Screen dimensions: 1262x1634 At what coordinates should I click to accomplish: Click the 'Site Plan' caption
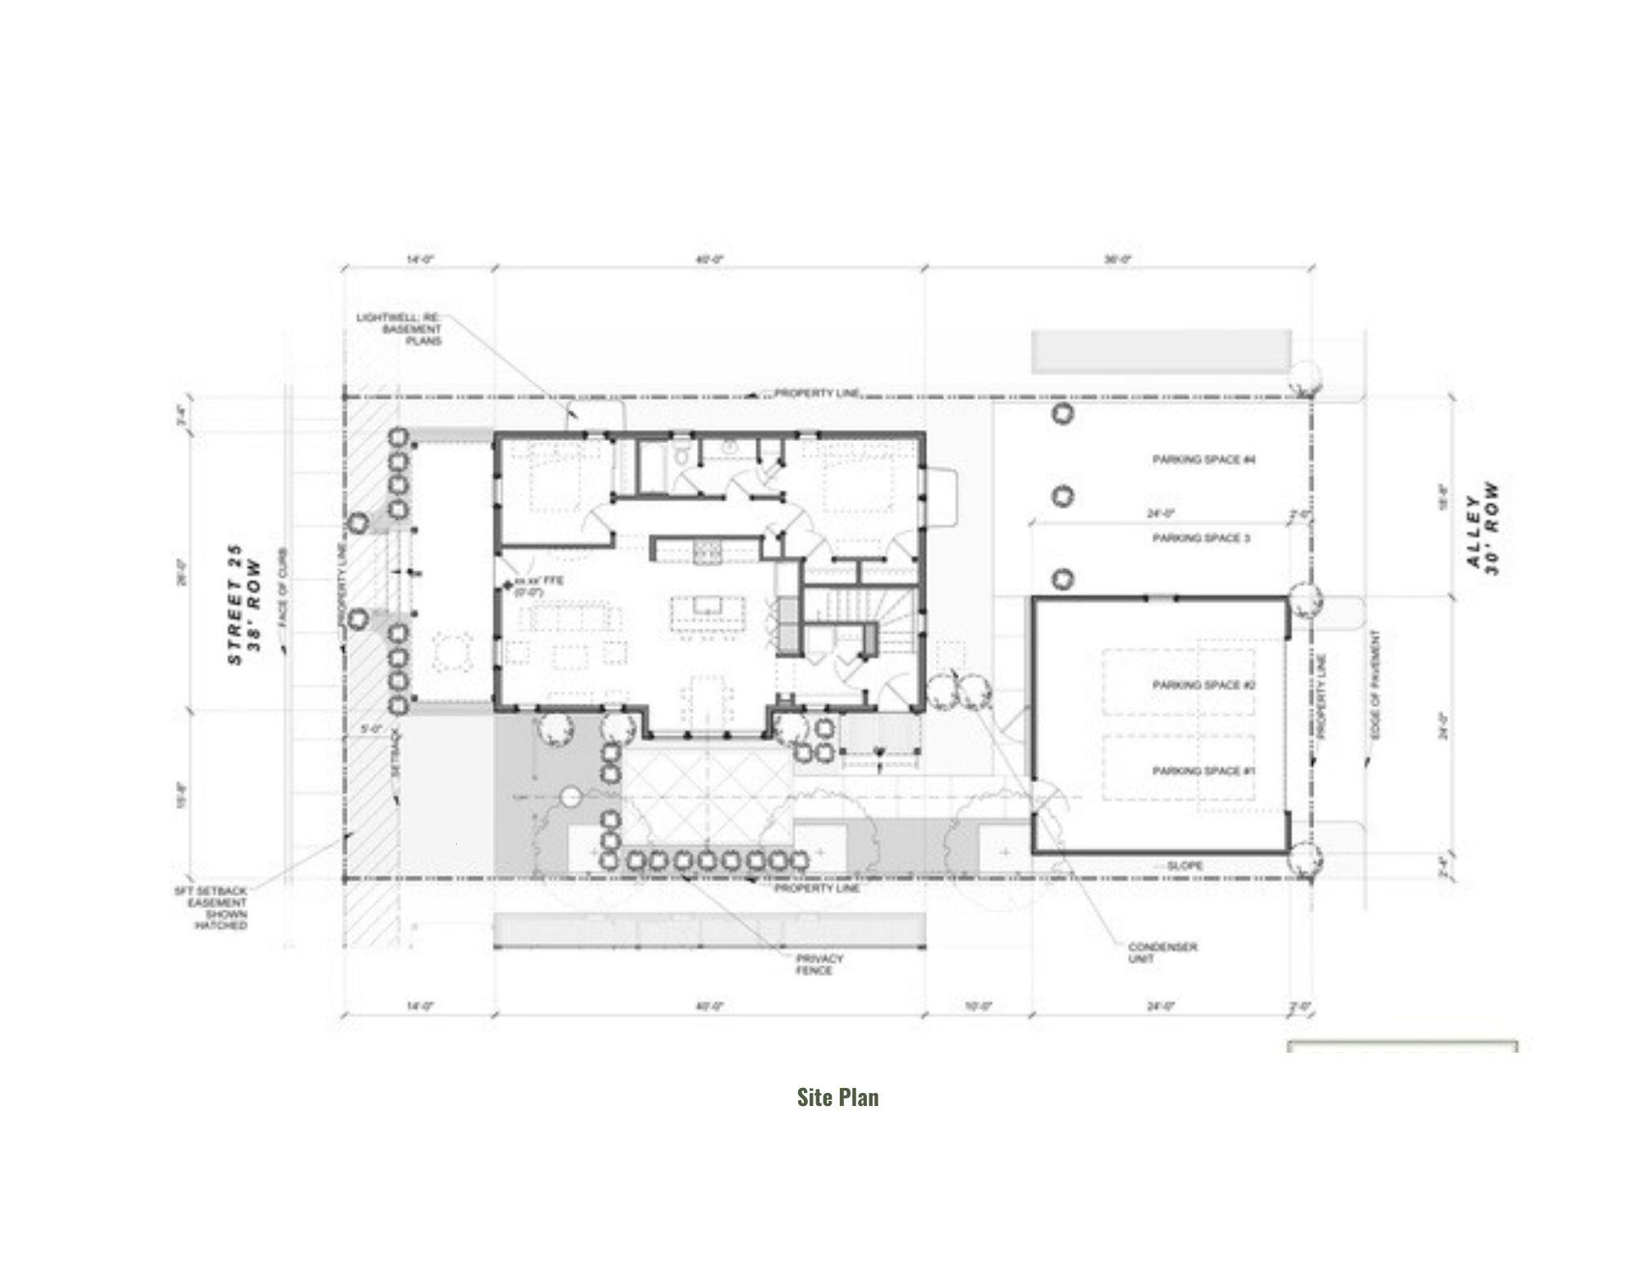click(837, 1097)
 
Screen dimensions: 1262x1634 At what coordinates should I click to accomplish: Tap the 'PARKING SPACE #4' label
click(1203, 460)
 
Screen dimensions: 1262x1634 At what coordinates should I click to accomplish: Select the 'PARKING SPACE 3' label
click(1201, 538)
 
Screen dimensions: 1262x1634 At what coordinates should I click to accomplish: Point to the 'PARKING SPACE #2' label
click(1203, 685)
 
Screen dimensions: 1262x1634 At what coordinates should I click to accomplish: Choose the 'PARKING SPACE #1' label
click(1203, 771)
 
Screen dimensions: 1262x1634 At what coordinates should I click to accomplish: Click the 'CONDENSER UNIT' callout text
click(1162, 952)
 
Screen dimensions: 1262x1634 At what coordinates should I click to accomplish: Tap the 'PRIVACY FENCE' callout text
click(819, 965)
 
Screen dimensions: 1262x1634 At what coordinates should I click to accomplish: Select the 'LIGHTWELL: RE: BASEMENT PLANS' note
click(400, 328)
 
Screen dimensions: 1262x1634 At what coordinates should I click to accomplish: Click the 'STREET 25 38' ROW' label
click(245, 604)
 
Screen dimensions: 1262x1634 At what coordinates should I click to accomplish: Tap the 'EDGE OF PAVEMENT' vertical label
click(1375, 686)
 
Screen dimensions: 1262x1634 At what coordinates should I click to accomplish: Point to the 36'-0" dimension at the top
click(1118, 259)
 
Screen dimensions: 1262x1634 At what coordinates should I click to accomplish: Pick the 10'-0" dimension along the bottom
click(977, 1006)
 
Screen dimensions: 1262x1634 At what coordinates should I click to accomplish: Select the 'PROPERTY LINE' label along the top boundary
click(816, 394)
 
